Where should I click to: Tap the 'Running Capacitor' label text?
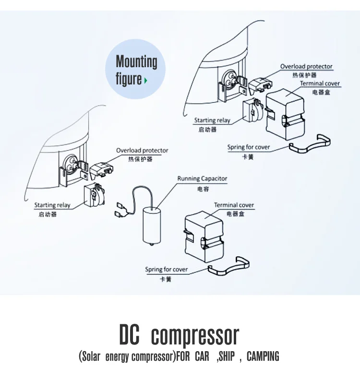[x=202, y=178]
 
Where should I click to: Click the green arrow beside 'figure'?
[x=145, y=81]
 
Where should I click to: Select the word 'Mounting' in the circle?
[x=136, y=62]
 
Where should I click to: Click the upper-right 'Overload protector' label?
[x=306, y=66]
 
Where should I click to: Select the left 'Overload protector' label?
[x=142, y=150]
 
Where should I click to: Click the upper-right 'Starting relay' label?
[x=212, y=120]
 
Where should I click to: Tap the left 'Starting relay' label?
[x=52, y=205]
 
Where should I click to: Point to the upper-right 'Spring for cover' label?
[x=249, y=147]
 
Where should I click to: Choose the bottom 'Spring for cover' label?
[x=167, y=269]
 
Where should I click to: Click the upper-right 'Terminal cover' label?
[x=320, y=83]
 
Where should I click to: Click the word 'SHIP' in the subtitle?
[x=226, y=356]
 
